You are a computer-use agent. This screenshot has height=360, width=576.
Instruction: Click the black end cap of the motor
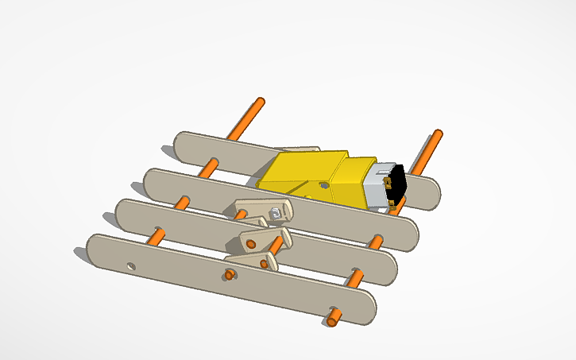[396, 182]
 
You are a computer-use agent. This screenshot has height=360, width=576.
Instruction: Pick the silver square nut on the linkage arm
[274, 212]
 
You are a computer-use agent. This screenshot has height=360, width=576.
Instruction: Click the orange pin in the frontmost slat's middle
[230, 275]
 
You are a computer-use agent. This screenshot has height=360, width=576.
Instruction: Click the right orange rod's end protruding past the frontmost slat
[333, 321]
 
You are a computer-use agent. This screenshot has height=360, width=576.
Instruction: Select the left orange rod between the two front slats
[156, 235]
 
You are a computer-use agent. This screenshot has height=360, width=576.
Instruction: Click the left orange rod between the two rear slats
[210, 167]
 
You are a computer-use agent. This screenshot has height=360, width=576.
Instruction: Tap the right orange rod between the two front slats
[354, 277]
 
